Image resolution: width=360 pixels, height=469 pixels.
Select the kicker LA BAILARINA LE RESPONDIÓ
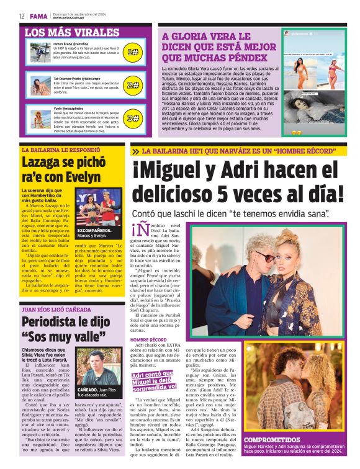[x=61, y=150]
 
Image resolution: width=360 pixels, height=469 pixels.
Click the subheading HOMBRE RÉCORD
[x=148, y=341]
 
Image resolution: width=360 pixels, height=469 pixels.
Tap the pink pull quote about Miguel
[x=155, y=378]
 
